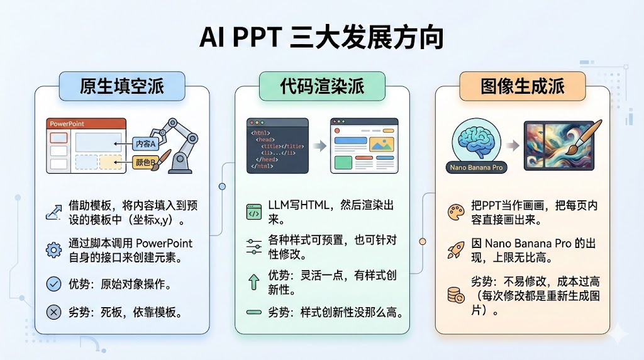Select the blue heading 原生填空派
[x=122, y=86]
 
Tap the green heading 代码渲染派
[x=322, y=86]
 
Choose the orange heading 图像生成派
[x=523, y=86]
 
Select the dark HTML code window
[x=277, y=145]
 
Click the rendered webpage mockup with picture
[x=364, y=145]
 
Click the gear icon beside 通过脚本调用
[x=54, y=250]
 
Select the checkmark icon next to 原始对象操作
[x=54, y=284]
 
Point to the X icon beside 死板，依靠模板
[x=54, y=312]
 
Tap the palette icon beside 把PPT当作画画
[x=455, y=213]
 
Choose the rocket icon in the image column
[x=455, y=249]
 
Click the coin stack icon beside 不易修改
[x=455, y=294]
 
